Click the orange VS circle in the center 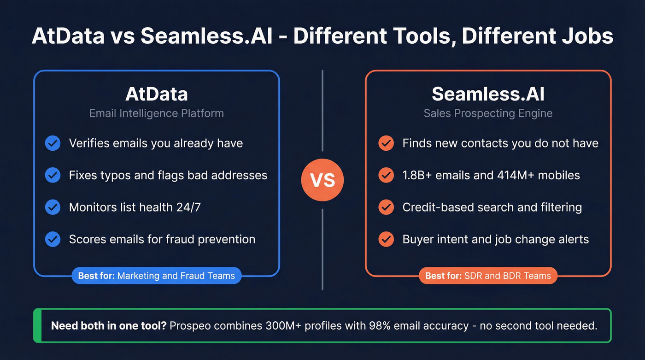[x=322, y=180]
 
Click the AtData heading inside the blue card [x=156, y=94]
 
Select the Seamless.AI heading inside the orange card [x=488, y=94]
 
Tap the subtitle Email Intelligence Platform [x=156, y=113]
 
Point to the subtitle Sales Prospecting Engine [x=488, y=113]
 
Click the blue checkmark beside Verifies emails [x=53, y=143]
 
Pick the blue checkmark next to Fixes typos [x=53, y=175]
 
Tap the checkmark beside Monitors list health [x=53, y=207]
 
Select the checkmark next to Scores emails [x=53, y=239]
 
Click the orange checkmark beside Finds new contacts [x=386, y=143]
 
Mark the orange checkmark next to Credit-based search [x=386, y=207]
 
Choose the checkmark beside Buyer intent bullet [x=386, y=239]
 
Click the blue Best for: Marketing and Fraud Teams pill [x=156, y=276]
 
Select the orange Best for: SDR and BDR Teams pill [x=488, y=276]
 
